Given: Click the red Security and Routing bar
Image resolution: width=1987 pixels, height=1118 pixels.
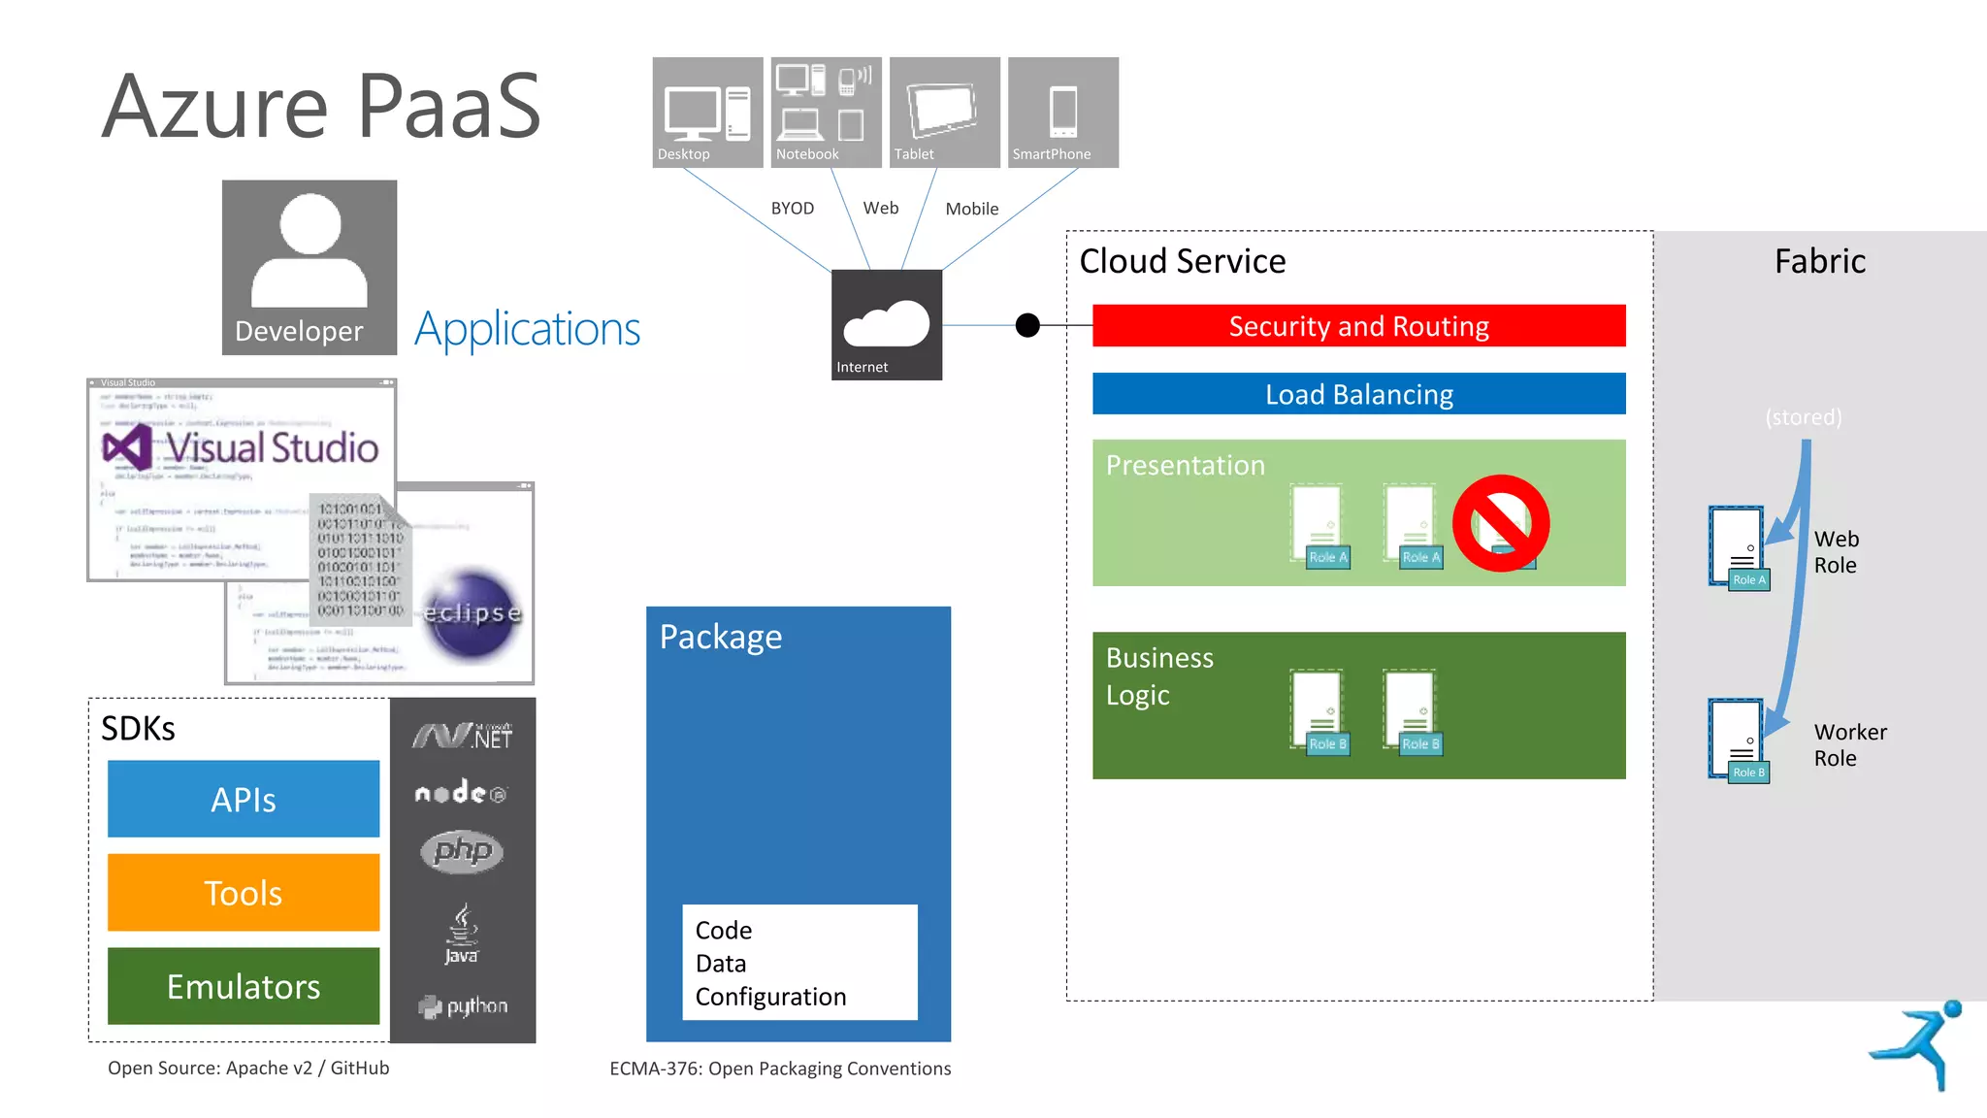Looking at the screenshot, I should coord(1358,326).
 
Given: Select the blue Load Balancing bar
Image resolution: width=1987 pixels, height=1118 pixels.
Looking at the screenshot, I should coord(1358,394).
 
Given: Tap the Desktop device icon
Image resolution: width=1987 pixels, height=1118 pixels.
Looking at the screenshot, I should coord(707,112).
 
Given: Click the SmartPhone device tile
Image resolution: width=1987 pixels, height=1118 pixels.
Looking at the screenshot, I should coord(1062,112).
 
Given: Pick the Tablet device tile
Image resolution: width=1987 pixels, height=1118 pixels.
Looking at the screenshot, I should coord(944,112).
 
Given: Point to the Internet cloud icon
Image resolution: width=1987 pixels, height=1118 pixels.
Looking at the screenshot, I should coord(886,324).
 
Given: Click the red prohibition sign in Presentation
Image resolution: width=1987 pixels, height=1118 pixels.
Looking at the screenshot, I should coord(1500,523).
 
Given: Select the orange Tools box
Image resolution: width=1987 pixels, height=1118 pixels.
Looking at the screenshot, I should coord(244,892).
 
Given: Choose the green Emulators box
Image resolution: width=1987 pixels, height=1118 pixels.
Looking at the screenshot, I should coord(244,986).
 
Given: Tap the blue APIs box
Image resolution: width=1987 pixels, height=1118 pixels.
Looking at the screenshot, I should coord(244,799).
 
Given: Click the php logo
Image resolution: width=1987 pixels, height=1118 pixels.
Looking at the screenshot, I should coord(463,851).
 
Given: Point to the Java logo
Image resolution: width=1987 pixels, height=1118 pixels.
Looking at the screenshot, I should coord(462,934).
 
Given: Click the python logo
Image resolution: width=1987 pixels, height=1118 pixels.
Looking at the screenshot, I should coord(463,1006).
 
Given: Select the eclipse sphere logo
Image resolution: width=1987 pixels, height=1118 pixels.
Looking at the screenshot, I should coord(472,613).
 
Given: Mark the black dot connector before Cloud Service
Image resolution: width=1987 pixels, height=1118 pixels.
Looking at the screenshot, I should coord(1027,325).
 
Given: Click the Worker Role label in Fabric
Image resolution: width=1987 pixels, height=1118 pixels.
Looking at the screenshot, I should coord(1849,745).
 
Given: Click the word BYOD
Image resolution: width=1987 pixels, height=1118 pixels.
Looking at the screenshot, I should coord(792,209).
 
